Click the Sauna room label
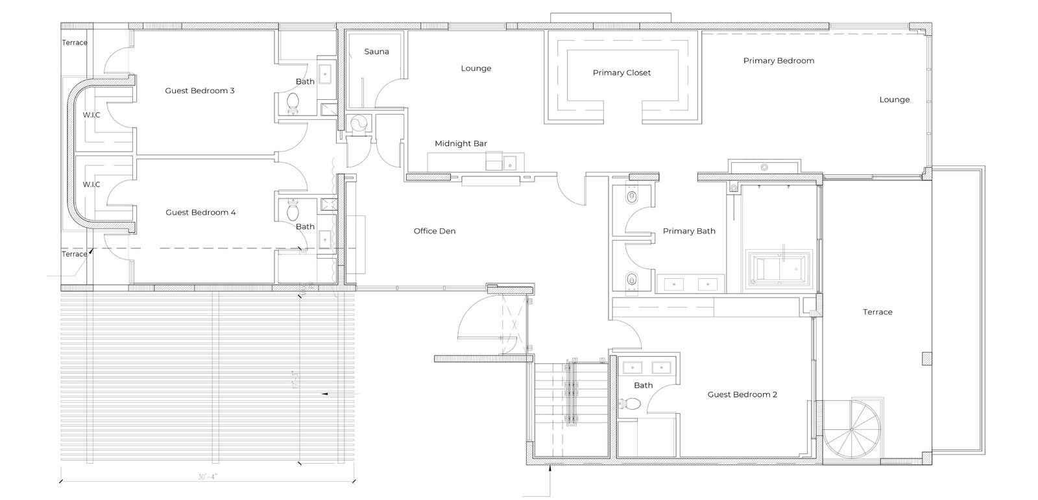pos(376,52)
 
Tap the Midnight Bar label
pos(461,144)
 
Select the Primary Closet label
pos(622,73)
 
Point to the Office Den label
pos(435,232)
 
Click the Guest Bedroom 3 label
pos(200,91)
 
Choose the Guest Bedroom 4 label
pos(200,213)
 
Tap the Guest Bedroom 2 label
pos(742,395)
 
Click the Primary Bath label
pos(689,232)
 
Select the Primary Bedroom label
pos(779,61)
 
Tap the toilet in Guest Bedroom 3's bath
pos(293,102)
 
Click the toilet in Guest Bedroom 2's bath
pos(631,405)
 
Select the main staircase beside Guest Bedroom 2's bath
pos(570,409)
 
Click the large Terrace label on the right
pos(877,313)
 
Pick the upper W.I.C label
pos(91,115)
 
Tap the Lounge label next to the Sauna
pos(476,69)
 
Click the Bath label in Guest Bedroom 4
pos(305,227)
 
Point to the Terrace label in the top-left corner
pos(75,43)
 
